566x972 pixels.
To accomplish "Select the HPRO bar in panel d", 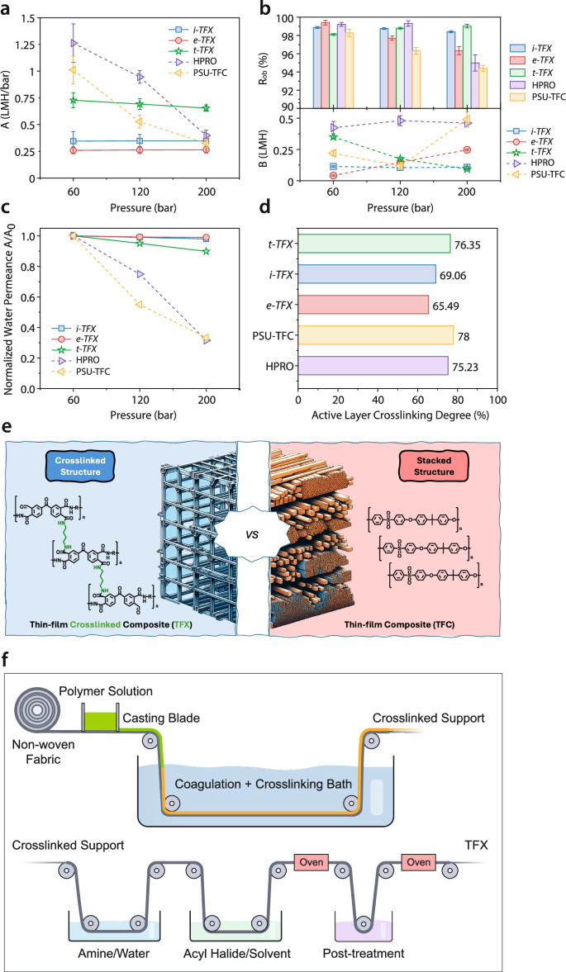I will (372, 367).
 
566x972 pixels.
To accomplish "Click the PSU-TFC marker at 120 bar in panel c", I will (140, 304).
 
